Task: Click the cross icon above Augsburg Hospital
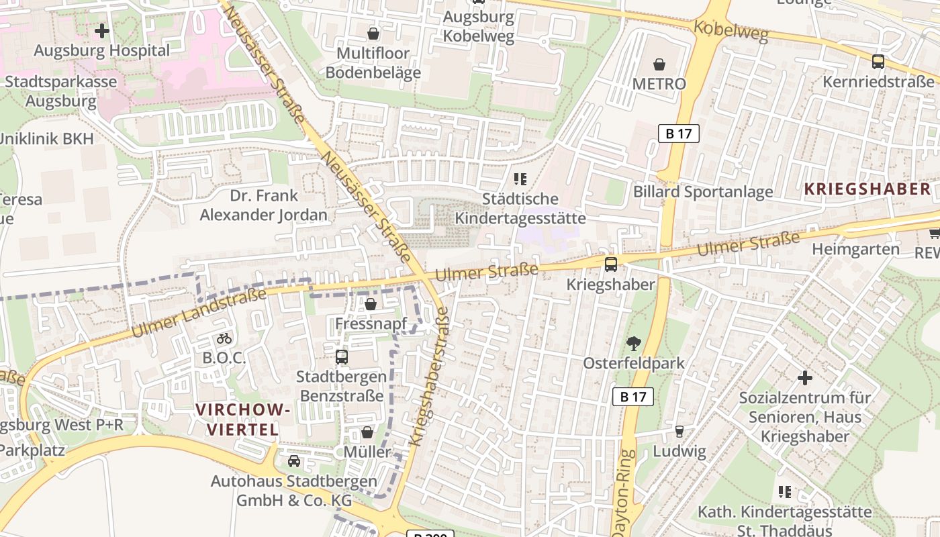click(102, 31)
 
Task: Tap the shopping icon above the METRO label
click(659, 64)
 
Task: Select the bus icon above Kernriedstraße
click(878, 62)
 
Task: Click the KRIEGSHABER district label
click(867, 189)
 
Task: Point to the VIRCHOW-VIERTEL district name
click(243, 420)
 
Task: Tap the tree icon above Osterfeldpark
click(632, 344)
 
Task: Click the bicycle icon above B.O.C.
click(224, 338)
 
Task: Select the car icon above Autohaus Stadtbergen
click(293, 461)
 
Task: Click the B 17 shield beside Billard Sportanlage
click(678, 134)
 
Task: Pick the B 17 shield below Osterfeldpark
click(632, 397)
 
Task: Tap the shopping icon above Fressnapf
click(370, 305)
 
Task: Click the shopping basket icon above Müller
click(367, 432)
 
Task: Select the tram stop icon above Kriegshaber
click(610, 264)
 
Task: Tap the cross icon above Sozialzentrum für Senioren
click(804, 378)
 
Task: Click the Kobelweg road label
click(731, 31)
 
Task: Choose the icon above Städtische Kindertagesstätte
click(520, 179)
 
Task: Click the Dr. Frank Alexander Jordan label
click(264, 205)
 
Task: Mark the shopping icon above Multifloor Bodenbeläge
click(373, 33)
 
